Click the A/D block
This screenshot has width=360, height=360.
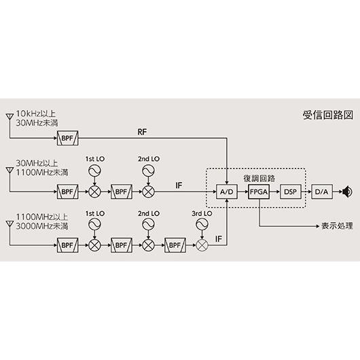click(226, 192)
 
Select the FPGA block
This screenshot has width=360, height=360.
click(259, 192)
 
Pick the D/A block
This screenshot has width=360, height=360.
click(321, 192)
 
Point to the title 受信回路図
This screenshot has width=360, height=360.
click(327, 116)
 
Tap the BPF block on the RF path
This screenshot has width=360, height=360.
click(67, 140)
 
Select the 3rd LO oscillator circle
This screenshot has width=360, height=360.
click(201, 226)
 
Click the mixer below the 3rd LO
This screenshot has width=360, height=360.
click(201, 244)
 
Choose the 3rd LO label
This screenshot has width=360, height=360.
click(202, 213)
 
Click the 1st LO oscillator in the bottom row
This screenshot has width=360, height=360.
click(94, 226)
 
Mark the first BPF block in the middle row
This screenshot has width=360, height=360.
click(67, 192)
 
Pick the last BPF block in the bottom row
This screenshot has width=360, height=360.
click(175, 244)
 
